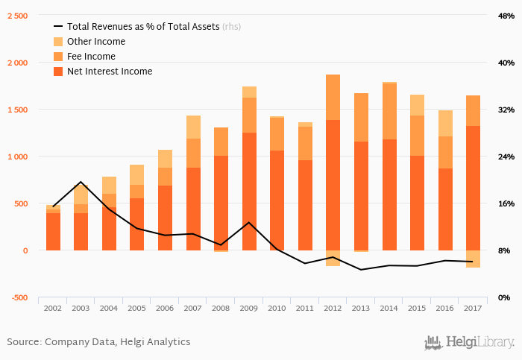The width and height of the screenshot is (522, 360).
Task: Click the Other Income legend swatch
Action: [58, 42]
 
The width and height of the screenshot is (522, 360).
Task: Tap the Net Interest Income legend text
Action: [110, 72]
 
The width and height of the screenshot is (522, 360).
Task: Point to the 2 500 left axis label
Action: [18, 16]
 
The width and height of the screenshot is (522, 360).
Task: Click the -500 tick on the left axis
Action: [19, 297]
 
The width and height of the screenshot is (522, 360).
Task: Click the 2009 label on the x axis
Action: [248, 307]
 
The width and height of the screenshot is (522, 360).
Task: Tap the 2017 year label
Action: [472, 307]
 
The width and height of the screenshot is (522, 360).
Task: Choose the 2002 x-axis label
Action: [53, 307]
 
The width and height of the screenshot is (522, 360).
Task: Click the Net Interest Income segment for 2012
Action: [333, 185]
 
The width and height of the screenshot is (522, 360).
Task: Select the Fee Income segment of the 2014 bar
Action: [389, 112]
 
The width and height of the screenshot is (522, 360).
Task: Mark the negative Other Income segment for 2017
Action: [472, 259]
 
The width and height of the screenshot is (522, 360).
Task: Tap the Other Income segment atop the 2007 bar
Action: [192, 127]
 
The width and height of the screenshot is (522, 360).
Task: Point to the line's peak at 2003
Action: [81, 182]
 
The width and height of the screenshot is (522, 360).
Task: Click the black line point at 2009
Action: [248, 222]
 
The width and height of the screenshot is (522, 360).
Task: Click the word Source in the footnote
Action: [24, 342]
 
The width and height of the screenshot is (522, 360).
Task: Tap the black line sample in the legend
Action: [58, 27]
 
